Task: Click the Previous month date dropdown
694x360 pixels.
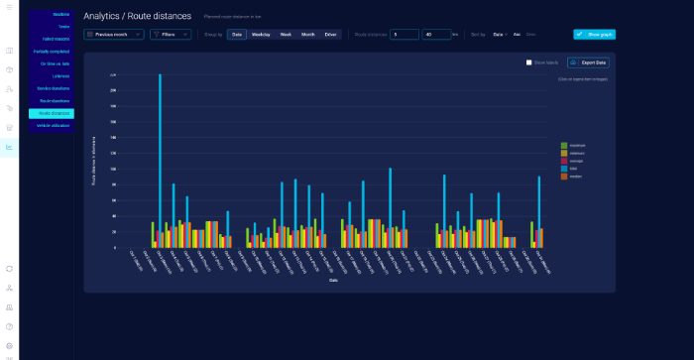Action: pos(114,34)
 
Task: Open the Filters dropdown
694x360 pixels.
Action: pos(171,34)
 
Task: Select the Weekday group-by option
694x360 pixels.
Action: pos(261,34)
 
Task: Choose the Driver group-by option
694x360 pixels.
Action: pos(331,34)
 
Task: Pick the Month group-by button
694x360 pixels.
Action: pos(307,34)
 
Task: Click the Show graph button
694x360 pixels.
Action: pos(594,34)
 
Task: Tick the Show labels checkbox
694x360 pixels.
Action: pos(529,62)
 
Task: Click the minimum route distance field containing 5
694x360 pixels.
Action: pos(405,34)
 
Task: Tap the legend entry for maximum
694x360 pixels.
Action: pos(576,145)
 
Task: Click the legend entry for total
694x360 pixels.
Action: pos(574,168)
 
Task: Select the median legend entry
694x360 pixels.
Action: pos(575,176)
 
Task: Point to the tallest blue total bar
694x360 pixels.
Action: pos(160,159)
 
